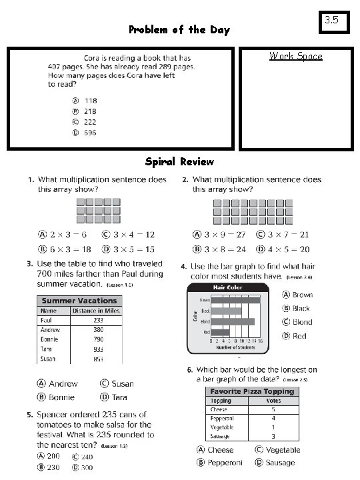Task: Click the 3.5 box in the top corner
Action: pyautogui.click(x=331, y=21)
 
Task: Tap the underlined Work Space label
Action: pyautogui.click(x=295, y=56)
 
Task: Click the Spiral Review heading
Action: pyautogui.click(x=179, y=162)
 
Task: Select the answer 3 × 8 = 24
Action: pyautogui.click(x=219, y=249)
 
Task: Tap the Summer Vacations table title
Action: pyautogui.click(x=79, y=301)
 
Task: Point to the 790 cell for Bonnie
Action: pyautogui.click(x=98, y=339)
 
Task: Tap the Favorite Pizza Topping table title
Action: pyautogui.click(x=251, y=391)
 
